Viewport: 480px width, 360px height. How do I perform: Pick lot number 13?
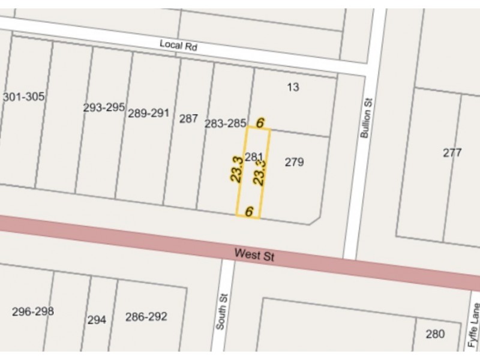(293, 87)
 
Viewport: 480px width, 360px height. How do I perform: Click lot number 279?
(294, 162)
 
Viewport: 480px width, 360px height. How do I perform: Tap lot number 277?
(452, 152)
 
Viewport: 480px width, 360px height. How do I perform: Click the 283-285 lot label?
(225, 124)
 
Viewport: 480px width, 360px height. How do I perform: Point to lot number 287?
(188, 118)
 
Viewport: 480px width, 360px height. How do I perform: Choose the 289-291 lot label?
(149, 113)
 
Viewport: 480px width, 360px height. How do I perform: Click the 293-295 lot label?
(104, 107)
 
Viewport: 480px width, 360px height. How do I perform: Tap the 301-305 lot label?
(24, 97)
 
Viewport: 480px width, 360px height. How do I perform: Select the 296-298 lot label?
(33, 311)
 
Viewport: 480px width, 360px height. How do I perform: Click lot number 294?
(97, 320)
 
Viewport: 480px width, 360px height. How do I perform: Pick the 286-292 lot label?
(146, 317)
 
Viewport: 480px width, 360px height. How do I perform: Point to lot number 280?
(436, 334)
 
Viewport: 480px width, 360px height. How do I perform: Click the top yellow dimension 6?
(260, 122)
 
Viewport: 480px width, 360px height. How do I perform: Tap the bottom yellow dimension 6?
(249, 211)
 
